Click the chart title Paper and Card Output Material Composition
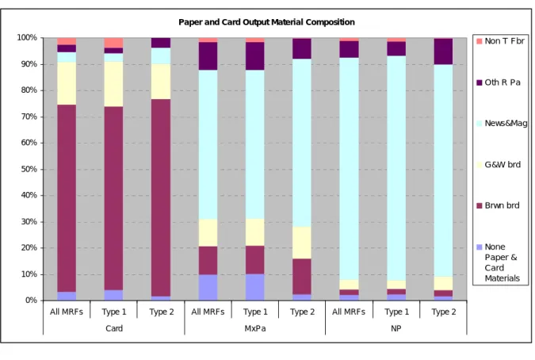coord(266,22)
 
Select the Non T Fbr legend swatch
coord(480,41)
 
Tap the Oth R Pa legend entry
coord(499,82)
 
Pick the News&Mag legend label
coord(506,123)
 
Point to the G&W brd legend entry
coord(499,164)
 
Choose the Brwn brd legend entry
coord(499,205)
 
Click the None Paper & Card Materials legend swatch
coord(480,247)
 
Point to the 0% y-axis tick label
coord(31,301)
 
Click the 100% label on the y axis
coord(27,37)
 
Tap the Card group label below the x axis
coord(114,328)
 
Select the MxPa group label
coord(255,328)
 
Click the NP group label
coord(396,328)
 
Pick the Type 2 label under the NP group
coord(444,312)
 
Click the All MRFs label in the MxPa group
coord(208,312)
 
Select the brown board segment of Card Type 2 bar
coord(161,198)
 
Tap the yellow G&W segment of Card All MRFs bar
coord(67,83)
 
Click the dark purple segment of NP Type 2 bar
coord(443,52)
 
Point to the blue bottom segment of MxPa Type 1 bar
coord(255,287)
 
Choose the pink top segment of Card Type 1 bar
coord(113,43)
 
